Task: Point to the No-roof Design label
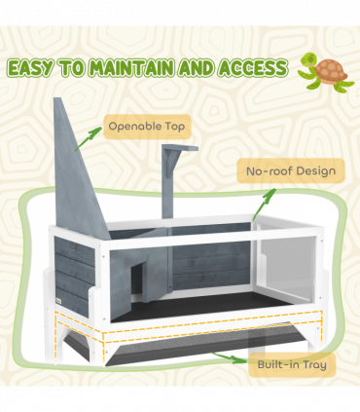pos(291,171)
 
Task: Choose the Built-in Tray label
pos(292,365)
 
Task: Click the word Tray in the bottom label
pos(313,365)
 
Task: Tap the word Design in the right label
pos(313,171)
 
